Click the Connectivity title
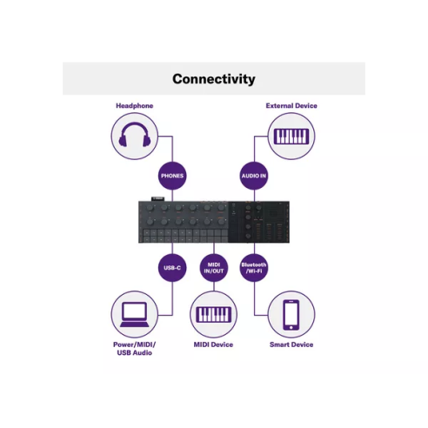pyautogui.click(x=214, y=79)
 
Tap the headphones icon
pyautogui.click(x=135, y=135)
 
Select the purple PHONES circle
pyautogui.click(x=172, y=176)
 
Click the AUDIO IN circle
pyautogui.click(x=254, y=176)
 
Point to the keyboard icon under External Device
pyautogui.click(x=291, y=137)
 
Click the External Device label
pyautogui.click(x=291, y=105)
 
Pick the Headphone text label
pyautogui.click(x=135, y=105)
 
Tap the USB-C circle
pyautogui.click(x=172, y=268)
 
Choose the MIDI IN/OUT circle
pyautogui.click(x=214, y=268)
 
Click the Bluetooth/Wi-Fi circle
pyautogui.click(x=254, y=268)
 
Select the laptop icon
pyautogui.click(x=135, y=315)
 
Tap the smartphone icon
pyautogui.click(x=291, y=315)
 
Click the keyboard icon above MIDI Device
pyautogui.click(x=214, y=315)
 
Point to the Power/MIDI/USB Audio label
pyautogui.click(x=135, y=349)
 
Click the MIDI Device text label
pyautogui.click(x=213, y=344)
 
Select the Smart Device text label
pyautogui.click(x=291, y=344)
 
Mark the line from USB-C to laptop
pyautogui.click(x=172, y=298)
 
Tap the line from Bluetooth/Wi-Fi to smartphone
pyautogui.click(x=254, y=298)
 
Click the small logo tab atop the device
pyautogui.click(x=157, y=198)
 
